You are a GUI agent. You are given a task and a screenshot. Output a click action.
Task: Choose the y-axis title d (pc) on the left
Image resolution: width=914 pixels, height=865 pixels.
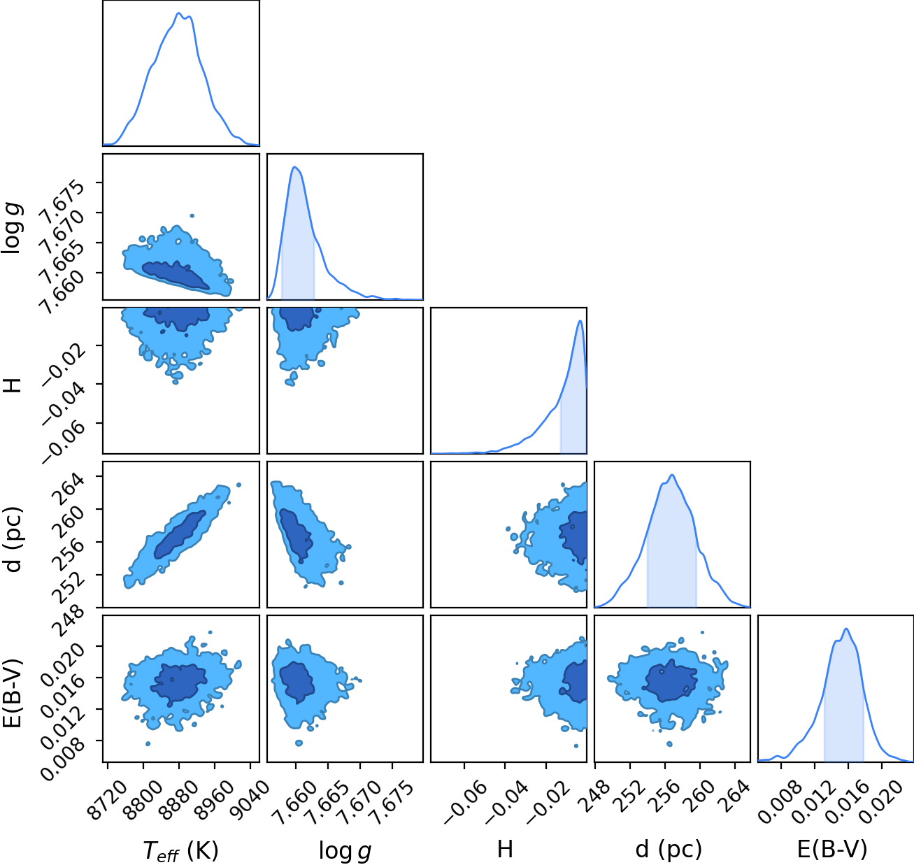(13, 540)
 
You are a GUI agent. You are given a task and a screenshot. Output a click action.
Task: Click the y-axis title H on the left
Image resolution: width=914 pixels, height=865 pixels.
(13, 385)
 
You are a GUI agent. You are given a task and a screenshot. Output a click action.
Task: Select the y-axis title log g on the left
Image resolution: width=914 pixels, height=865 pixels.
(13, 228)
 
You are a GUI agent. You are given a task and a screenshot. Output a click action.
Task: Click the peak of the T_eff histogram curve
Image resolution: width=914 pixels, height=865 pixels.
(178, 13)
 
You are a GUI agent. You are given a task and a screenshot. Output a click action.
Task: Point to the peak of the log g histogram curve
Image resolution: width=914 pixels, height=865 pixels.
(294, 166)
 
